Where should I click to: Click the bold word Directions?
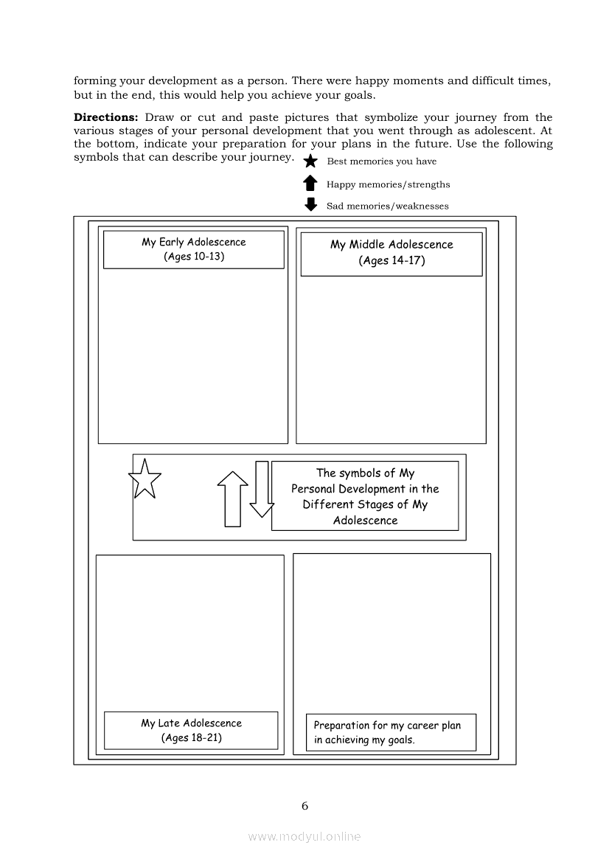[x=105, y=117]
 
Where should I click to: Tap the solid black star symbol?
[x=310, y=161]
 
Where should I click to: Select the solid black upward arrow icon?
[x=310, y=183]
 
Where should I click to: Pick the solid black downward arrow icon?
[x=311, y=204]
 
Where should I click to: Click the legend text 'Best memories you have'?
[x=381, y=161]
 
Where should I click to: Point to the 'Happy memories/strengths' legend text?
[x=388, y=184]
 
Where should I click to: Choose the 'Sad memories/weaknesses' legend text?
[x=388, y=206]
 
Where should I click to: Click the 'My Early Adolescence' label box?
[x=193, y=249]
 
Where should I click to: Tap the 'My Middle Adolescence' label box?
[x=391, y=254]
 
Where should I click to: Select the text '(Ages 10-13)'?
[x=194, y=257]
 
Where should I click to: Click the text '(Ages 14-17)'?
[x=392, y=260]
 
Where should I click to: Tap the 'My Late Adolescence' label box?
[x=191, y=731]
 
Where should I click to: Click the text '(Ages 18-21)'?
[x=191, y=738]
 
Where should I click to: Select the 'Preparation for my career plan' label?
[x=387, y=726]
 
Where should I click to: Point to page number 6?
[x=304, y=806]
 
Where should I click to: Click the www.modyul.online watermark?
[x=304, y=837]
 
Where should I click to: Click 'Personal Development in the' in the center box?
[x=365, y=489]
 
